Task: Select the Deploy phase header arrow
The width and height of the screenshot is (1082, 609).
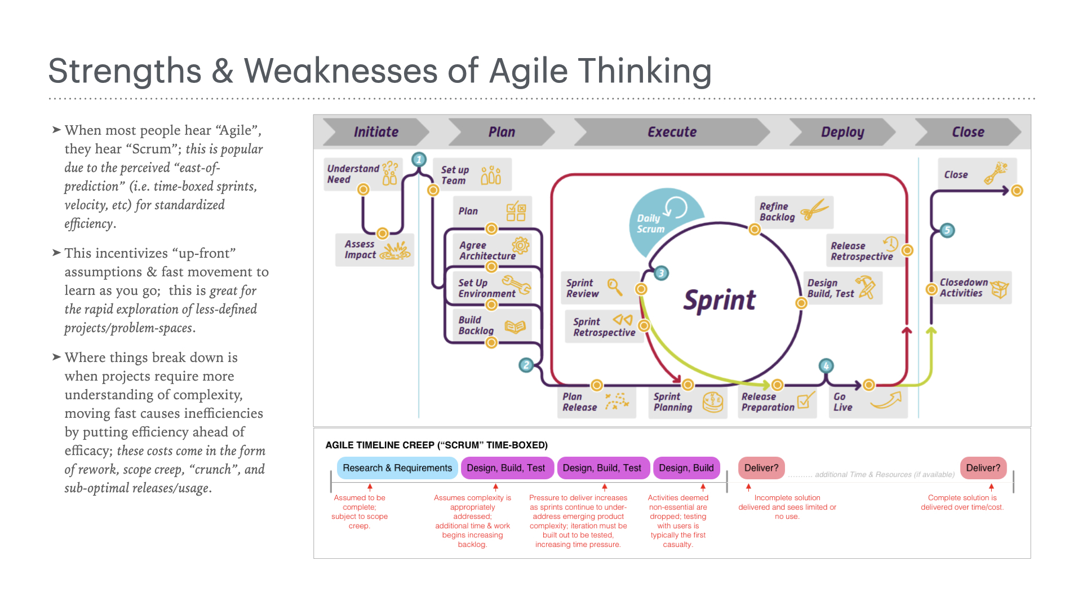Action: pyautogui.click(x=842, y=132)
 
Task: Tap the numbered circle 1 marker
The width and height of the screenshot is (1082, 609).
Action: pyautogui.click(x=419, y=160)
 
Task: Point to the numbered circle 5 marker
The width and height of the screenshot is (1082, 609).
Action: pyautogui.click(x=947, y=230)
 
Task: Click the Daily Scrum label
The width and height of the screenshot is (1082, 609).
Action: pyautogui.click(x=650, y=223)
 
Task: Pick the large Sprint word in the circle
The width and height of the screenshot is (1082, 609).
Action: pyautogui.click(x=719, y=300)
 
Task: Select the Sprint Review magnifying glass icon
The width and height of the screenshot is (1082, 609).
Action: pyautogui.click(x=614, y=287)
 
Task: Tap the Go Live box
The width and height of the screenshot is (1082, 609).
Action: pyautogui.click(x=867, y=401)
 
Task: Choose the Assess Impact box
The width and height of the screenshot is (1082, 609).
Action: pyautogui.click(x=375, y=249)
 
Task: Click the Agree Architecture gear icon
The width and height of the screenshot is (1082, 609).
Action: pyautogui.click(x=520, y=245)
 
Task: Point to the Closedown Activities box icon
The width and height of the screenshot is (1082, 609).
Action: pyautogui.click(x=1000, y=289)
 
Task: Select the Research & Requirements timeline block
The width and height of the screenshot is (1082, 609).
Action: pyautogui.click(x=397, y=468)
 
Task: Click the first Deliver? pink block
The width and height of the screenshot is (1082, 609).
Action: pyautogui.click(x=761, y=468)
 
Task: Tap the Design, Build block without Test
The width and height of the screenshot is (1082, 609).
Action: pyautogui.click(x=686, y=468)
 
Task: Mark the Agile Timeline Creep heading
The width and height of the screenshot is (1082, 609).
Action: pyautogui.click(x=436, y=445)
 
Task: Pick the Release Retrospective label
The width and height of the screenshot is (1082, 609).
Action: pyautogui.click(x=861, y=251)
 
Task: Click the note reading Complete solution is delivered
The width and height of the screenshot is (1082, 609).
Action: pyautogui.click(x=962, y=502)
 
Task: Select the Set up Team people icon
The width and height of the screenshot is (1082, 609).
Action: pyautogui.click(x=491, y=175)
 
